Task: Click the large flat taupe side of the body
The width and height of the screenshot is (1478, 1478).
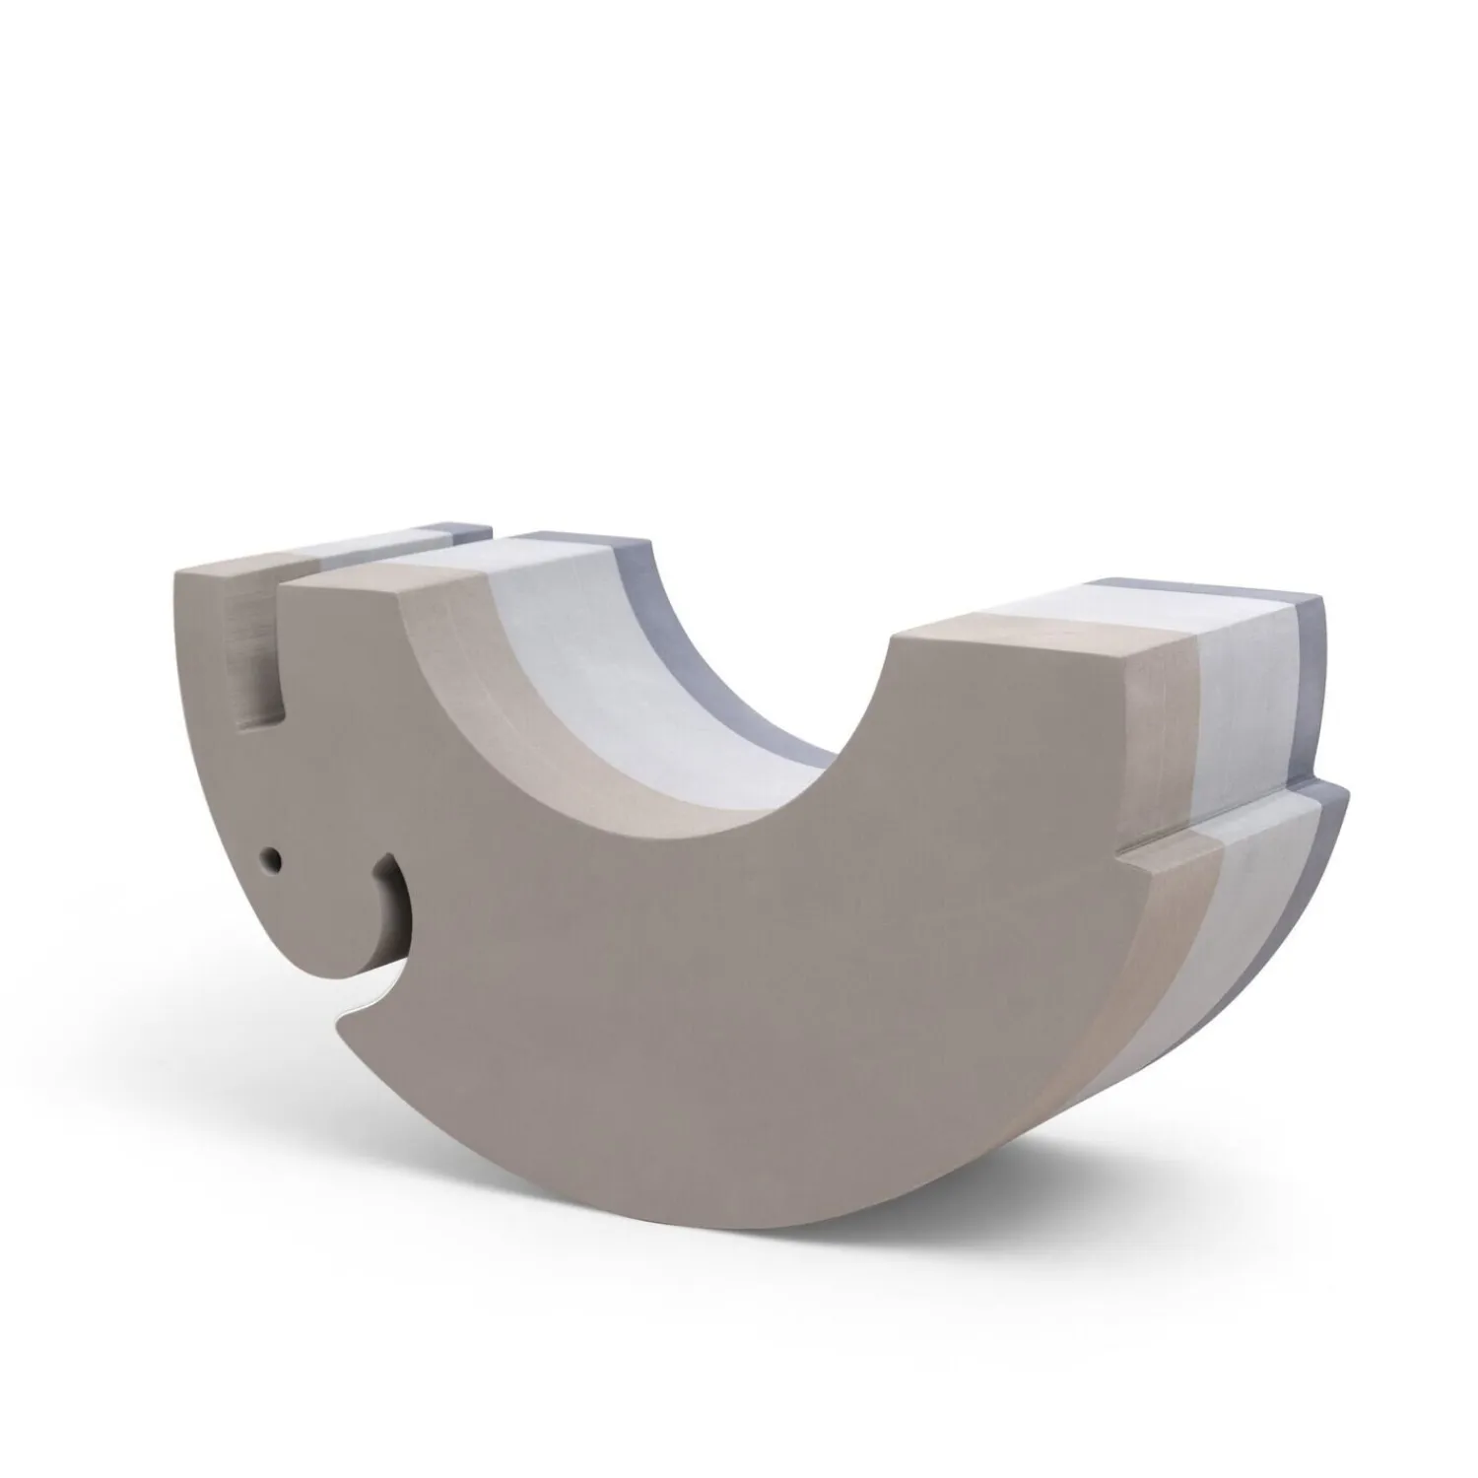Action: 739,985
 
